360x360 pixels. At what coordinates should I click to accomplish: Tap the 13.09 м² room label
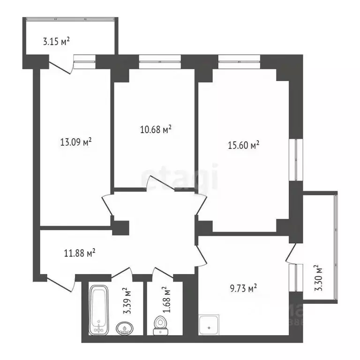pyautogui.click(x=76, y=141)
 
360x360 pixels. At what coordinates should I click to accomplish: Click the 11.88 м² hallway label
pyautogui.click(x=80, y=254)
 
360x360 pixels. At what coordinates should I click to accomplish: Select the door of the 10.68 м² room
pyautogui.click(x=156, y=184)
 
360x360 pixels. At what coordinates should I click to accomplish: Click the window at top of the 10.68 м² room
pyautogui.click(x=160, y=60)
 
